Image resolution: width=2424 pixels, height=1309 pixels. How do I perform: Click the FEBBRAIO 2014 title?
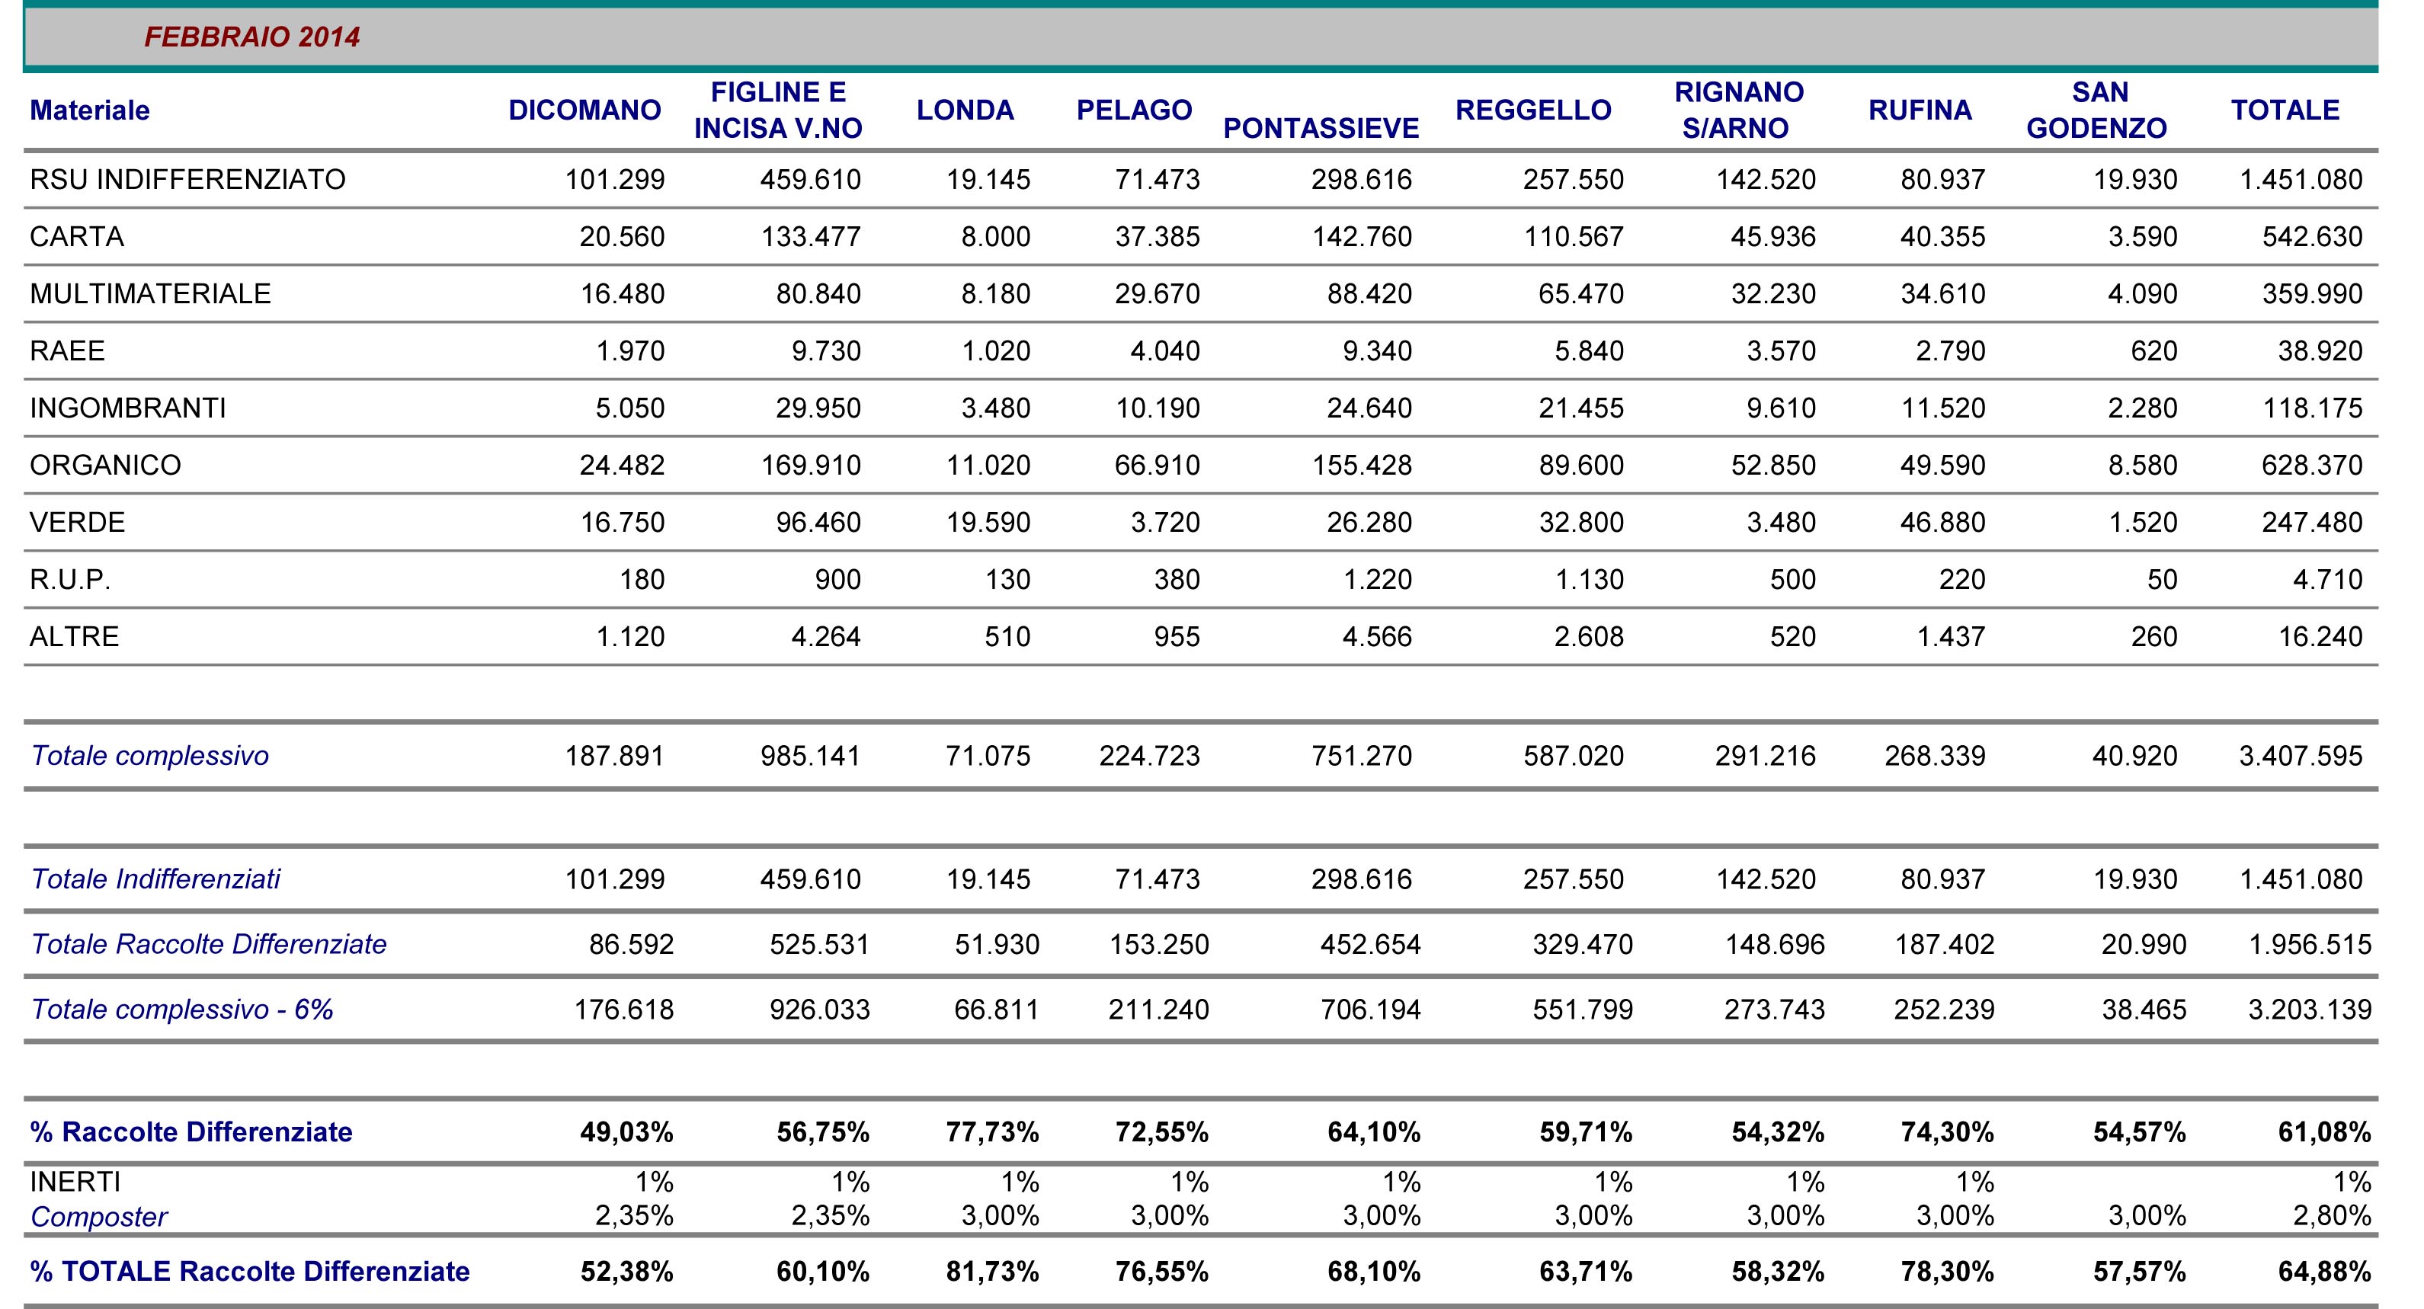tap(252, 37)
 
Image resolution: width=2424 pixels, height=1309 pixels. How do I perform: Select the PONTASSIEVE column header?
tap(1321, 128)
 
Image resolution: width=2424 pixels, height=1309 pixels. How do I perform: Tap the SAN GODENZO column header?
tap(2098, 110)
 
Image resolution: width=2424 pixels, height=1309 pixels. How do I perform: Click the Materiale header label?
tap(89, 110)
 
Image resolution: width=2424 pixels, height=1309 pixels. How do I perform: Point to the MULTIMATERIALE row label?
tap(151, 293)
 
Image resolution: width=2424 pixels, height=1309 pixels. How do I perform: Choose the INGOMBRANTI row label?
tap(128, 408)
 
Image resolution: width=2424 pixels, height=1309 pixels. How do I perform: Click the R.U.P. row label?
tap(71, 579)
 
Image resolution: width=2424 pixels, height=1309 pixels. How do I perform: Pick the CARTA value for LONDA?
tap(995, 236)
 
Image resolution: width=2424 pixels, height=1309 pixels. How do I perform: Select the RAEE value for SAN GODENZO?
tap(2154, 351)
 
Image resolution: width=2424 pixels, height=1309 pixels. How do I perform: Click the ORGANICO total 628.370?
tap(2312, 465)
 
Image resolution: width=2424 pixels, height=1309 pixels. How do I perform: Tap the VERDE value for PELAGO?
tap(1165, 522)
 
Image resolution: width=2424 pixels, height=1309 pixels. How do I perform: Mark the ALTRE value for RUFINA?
tap(1951, 636)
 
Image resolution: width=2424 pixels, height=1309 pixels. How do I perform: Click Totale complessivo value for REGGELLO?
tap(1574, 756)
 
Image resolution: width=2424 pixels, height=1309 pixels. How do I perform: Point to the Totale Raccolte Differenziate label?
tap(209, 944)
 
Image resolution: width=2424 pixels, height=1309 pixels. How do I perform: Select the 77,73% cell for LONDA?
tap(993, 1132)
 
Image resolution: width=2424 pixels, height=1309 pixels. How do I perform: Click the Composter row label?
tap(99, 1217)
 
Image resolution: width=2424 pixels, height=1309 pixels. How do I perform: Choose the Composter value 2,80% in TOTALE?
tap(2332, 1216)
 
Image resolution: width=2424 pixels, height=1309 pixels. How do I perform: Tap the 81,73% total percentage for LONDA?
tap(993, 1272)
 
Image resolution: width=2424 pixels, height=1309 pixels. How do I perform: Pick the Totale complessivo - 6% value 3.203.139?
tap(2310, 1010)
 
